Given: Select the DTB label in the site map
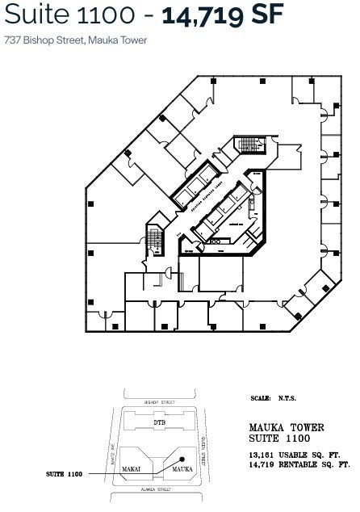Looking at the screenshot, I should tap(159, 422).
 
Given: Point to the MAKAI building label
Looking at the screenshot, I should tap(132, 467).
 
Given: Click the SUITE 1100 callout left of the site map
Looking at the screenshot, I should tap(65, 474).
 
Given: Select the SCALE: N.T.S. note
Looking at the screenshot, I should tap(274, 399).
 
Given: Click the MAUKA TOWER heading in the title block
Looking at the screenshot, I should tap(287, 427).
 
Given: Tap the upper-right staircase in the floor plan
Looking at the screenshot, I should tap(249, 145).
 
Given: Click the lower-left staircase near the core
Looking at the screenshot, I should tap(153, 238).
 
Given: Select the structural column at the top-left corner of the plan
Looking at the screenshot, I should tap(213, 82).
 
